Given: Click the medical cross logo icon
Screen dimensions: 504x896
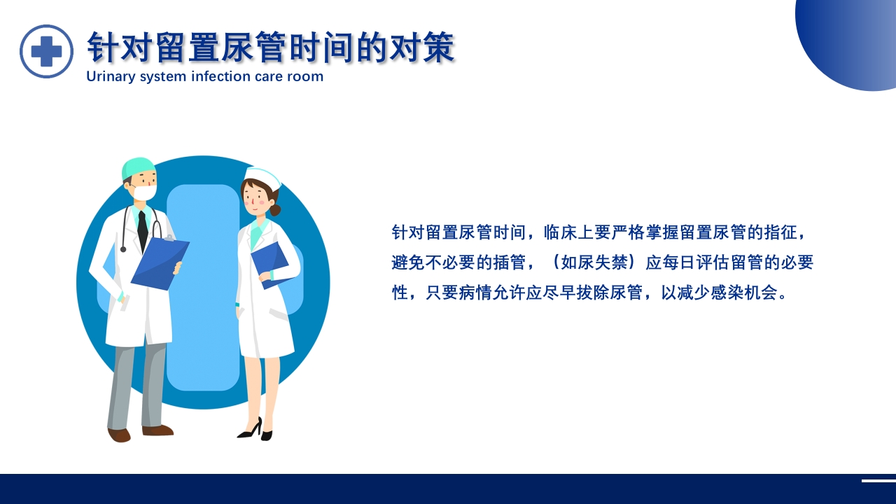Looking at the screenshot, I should [x=46, y=51].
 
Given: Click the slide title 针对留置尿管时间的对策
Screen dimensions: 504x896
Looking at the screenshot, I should [x=271, y=48].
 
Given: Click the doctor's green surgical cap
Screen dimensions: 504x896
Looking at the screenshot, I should [x=138, y=169].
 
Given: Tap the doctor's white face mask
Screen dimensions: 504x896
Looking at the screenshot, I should [x=145, y=192].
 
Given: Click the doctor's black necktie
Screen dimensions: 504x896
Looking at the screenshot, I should [x=143, y=228].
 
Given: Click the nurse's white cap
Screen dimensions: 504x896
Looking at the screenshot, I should [x=263, y=178].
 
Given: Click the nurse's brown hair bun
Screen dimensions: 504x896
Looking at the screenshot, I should [x=275, y=210].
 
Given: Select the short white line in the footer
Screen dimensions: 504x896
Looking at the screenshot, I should [x=878, y=481].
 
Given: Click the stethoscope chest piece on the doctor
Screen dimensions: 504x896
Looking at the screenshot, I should [x=123, y=248].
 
